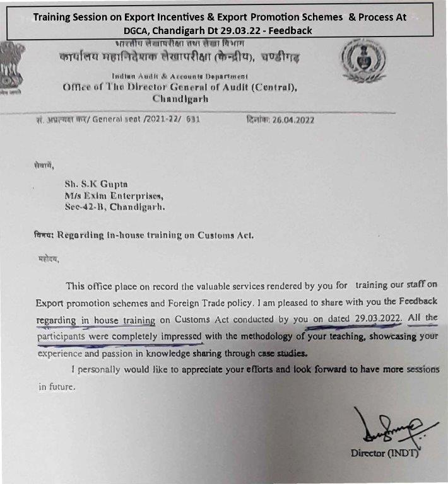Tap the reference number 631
(192, 120)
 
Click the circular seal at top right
(363, 64)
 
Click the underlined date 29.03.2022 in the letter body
(378, 319)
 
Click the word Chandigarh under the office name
(180, 99)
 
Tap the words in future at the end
(57, 387)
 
